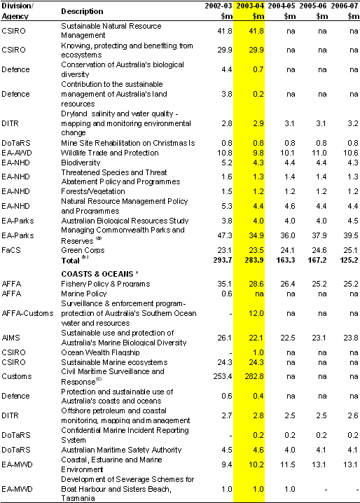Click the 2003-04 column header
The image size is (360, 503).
coord(250,6)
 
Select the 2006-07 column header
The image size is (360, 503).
coord(345,6)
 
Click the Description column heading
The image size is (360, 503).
coord(82,11)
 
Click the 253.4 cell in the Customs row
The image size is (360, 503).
coord(223,376)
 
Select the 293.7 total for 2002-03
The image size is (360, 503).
coord(223,260)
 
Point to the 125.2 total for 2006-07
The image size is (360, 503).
coord(349,260)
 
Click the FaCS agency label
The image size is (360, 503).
coord(11,250)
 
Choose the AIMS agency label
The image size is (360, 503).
coord(11,338)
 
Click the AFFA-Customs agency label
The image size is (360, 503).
coord(27,313)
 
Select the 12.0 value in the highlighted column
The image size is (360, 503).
coord(256,313)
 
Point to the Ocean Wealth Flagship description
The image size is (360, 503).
coord(100,352)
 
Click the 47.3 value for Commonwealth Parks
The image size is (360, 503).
coord(225,235)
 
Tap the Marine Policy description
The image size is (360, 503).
coord(84,294)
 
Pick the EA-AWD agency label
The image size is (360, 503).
coord(17,153)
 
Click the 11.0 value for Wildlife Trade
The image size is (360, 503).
coord(319,153)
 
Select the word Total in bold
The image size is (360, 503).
coord(70,261)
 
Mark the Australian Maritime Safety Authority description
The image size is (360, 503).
coord(121,450)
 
